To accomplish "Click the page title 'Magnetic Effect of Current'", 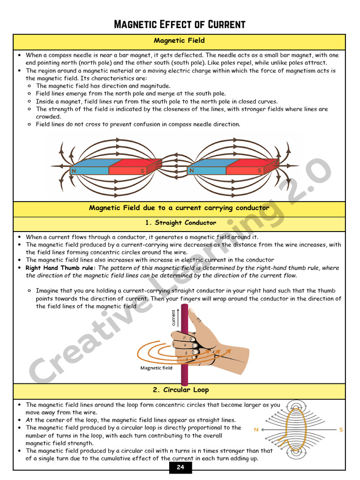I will (x=180, y=24).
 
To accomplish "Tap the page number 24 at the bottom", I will (x=180, y=467).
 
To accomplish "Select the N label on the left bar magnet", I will (x=74, y=171).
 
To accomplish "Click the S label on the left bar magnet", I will (x=142, y=171).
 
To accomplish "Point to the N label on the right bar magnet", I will (x=191, y=171).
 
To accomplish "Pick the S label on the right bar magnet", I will (x=260, y=171).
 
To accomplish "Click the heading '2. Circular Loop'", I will (x=180, y=390).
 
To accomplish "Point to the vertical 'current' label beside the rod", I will (x=174, y=318).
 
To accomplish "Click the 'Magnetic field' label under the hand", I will (x=157, y=368).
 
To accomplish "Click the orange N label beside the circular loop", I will (x=256, y=429).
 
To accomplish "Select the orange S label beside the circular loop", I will (x=341, y=429).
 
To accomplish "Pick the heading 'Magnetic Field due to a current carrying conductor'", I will (x=179, y=208).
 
